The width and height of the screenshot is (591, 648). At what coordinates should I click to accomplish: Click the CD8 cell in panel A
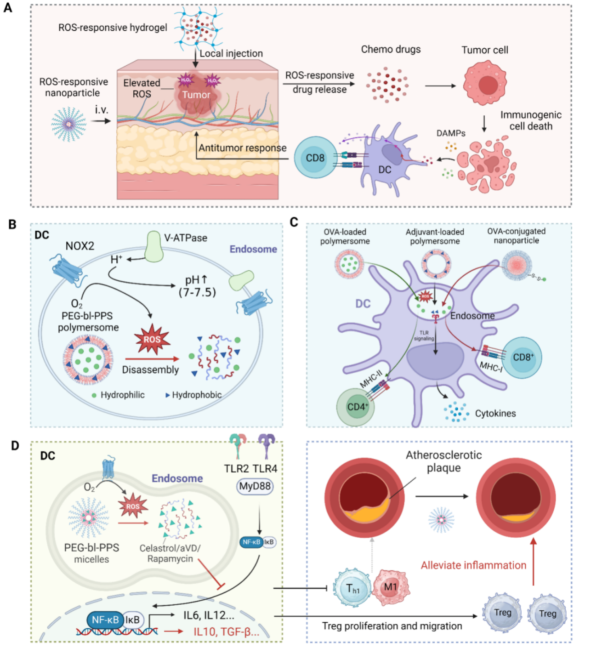[315, 158]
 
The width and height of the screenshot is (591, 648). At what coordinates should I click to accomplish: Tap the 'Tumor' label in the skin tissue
[196, 95]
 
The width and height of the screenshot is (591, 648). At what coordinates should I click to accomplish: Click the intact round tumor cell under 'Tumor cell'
[487, 83]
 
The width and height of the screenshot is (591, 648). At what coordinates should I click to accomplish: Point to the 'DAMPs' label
[450, 133]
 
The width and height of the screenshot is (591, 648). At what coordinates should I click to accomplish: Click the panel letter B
[12, 224]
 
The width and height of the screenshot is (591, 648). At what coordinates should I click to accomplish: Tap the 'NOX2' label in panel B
[80, 246]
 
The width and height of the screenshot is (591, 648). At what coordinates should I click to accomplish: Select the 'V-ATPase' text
[186, 238]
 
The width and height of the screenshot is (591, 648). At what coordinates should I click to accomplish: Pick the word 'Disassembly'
[150, 370]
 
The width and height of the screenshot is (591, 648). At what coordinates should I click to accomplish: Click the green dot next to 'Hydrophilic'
[94, 395]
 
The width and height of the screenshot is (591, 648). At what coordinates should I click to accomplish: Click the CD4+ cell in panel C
[356, 407]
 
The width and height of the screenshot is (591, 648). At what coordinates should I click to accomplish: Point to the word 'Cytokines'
[495, 414]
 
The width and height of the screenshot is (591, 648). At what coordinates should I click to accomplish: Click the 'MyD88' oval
[255, 486]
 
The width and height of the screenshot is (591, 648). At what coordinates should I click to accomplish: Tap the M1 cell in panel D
[391, 587]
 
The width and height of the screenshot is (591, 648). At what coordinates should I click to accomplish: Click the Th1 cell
[352, 588]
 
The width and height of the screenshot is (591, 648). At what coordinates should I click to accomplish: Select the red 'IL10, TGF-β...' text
[226, 632]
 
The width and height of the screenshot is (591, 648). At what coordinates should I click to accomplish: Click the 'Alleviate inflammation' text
[473, 565]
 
